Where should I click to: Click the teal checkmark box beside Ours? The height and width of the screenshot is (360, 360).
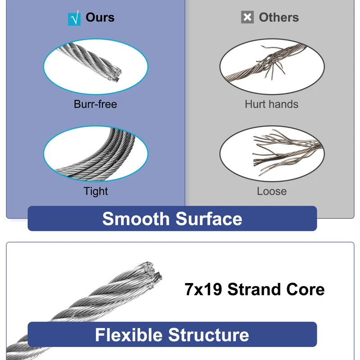74,18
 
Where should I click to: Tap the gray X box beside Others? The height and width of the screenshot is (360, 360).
247,17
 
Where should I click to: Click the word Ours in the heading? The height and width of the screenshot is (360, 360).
100,18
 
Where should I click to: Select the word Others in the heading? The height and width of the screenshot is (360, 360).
279,18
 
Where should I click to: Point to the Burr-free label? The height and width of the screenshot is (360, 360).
95,104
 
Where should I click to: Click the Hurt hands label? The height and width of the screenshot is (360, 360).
272,104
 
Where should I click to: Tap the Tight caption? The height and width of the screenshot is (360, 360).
95,191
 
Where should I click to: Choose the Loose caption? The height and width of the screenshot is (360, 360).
272,191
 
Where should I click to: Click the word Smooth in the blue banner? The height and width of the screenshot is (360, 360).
136,219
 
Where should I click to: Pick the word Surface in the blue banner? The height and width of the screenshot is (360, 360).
209,219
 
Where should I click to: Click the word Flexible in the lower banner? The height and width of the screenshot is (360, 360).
129,335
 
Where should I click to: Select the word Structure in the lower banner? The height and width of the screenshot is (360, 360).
208,335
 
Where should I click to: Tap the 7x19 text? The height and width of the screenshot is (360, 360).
203,289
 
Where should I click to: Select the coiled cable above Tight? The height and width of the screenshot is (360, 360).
96,156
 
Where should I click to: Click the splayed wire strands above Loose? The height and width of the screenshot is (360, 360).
287,152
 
